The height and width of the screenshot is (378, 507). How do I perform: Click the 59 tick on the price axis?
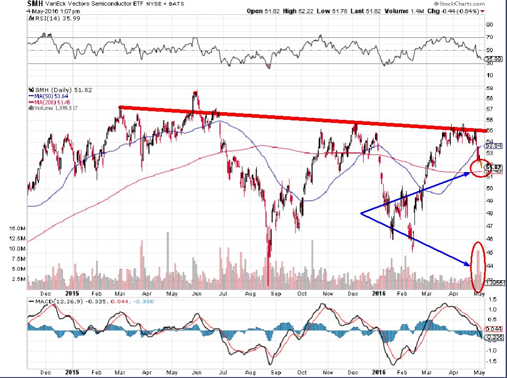[490, 89]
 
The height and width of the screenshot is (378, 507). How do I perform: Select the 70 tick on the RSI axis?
[490, 37]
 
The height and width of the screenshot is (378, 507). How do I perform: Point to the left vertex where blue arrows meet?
[362, 213]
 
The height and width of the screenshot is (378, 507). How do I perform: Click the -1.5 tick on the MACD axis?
[492, 361]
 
